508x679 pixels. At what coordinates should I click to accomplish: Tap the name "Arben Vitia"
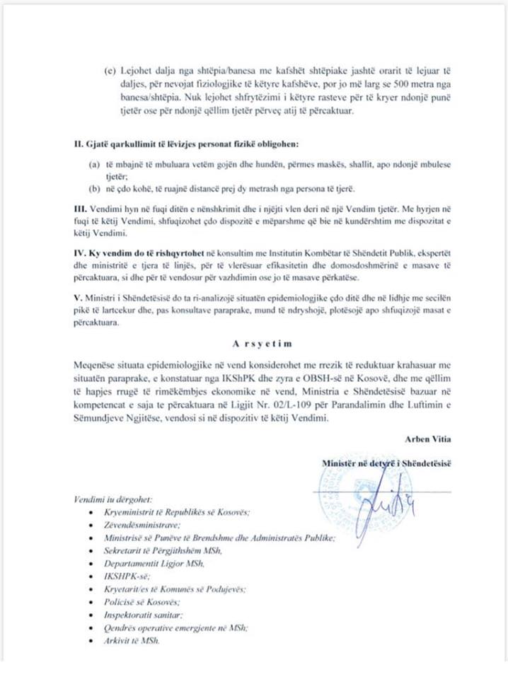tap(427, 439)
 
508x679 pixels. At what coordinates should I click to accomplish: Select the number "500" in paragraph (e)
tap(366, 89)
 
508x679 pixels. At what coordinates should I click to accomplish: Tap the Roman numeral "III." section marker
tap(80, 211)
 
